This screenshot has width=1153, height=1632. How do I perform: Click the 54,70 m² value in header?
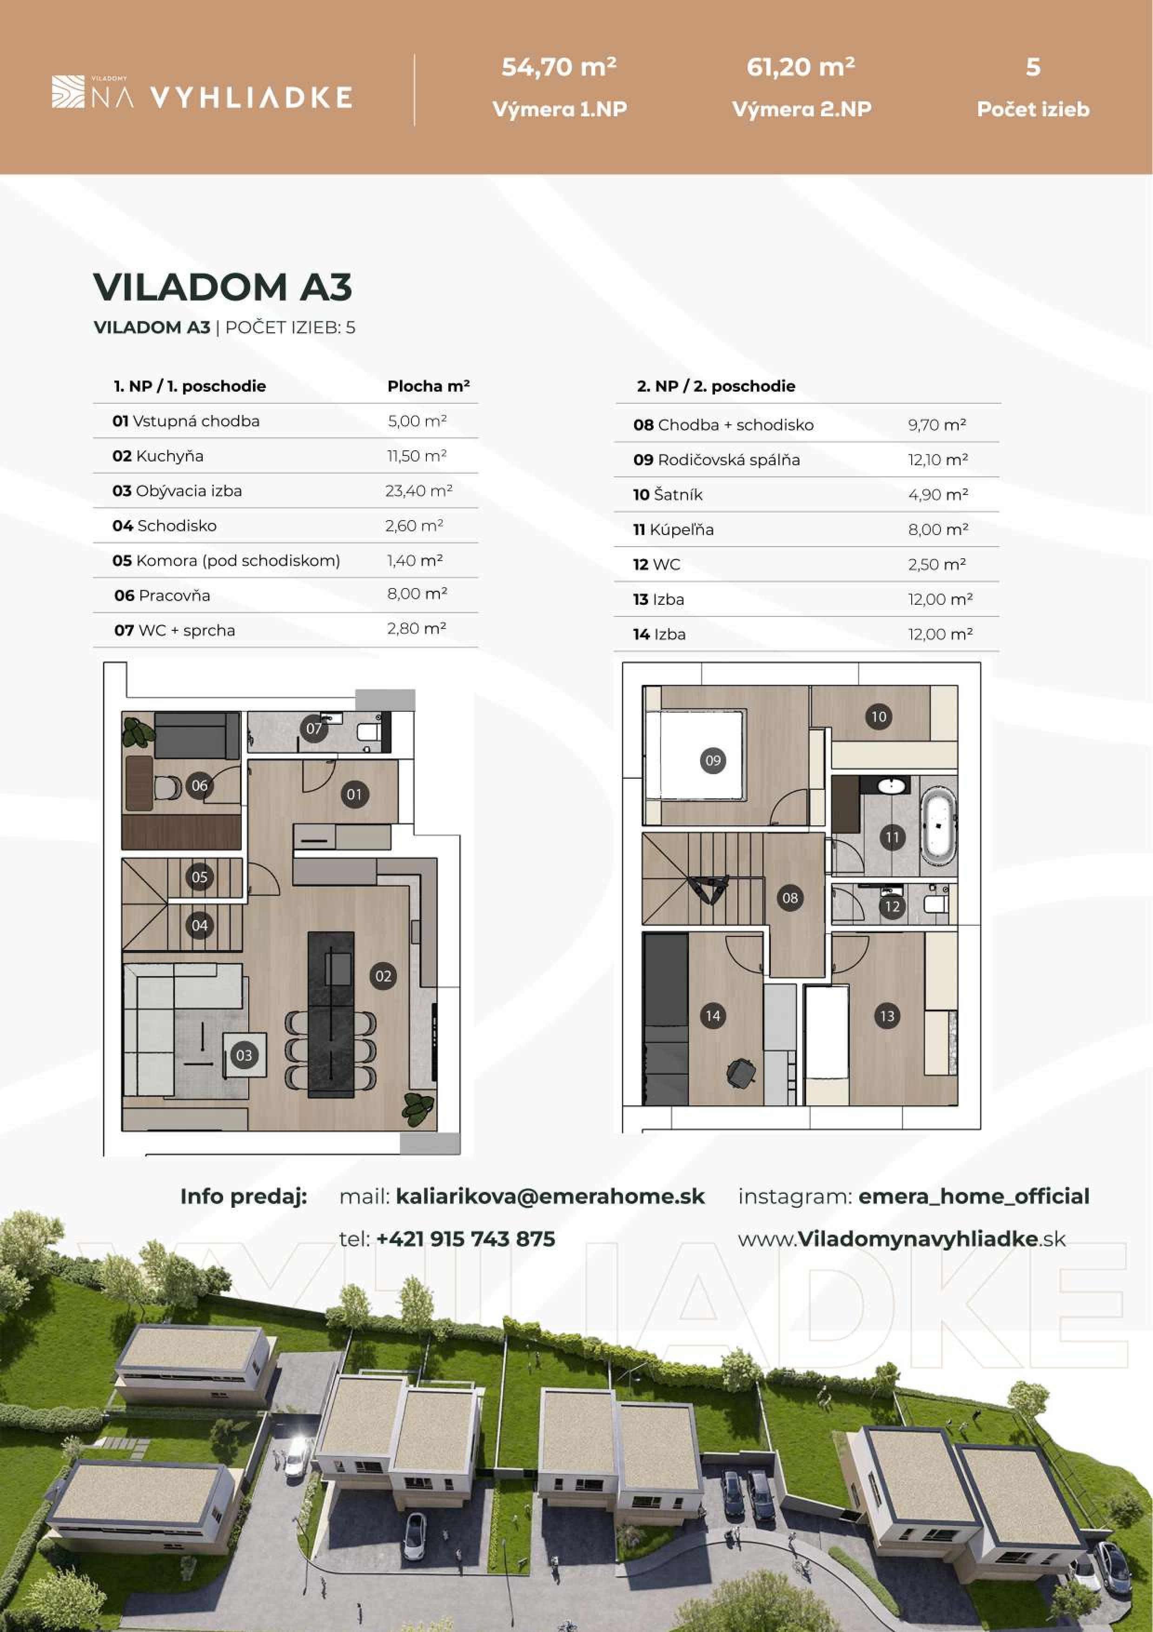pyautogui.click(x=558, y=67)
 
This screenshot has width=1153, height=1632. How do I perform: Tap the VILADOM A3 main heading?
pyautogui.click(x=222, y=287)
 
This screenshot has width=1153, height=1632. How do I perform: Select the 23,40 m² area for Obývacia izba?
pyautogui.click(x=418, y=490)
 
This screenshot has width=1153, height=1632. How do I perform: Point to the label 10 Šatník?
pyautogui.click(x=667, y=495)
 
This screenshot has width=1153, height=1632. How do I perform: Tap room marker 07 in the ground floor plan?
pyautogui.click(x=314, y=729)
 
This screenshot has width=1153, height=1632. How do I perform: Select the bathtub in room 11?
pyautogui.click(x=939, y=830)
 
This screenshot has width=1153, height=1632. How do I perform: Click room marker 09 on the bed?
pyautogui.click(x=713, y=761)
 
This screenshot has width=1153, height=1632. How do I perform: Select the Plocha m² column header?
pyautogui.click(x=428, y=387)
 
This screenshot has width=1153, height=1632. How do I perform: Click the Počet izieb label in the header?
pyautogui.click(x=1032, y=109)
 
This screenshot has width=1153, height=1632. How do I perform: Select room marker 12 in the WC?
pyautogui.click(x=892, y=906)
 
